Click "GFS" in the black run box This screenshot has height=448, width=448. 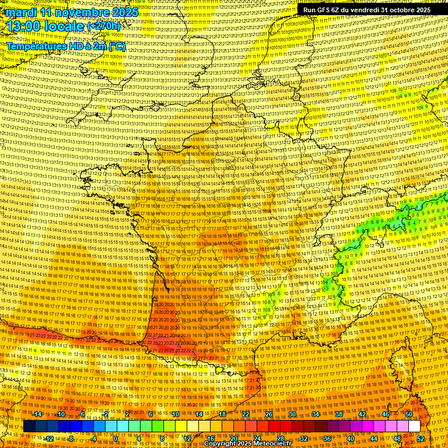click(x=324, y=9)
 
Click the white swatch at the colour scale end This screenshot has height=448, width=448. click(x=414, y=426)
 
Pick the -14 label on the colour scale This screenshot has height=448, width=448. click(x=38, y=414)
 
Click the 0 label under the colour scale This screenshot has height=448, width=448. click(x=116, y=438)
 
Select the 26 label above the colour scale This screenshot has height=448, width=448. click(x=269, y=414)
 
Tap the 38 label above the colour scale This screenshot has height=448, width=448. click(x=339, y=414)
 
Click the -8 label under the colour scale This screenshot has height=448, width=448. click(x=71, y=438)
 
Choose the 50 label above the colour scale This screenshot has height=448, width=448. click(x=409, y=414)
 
